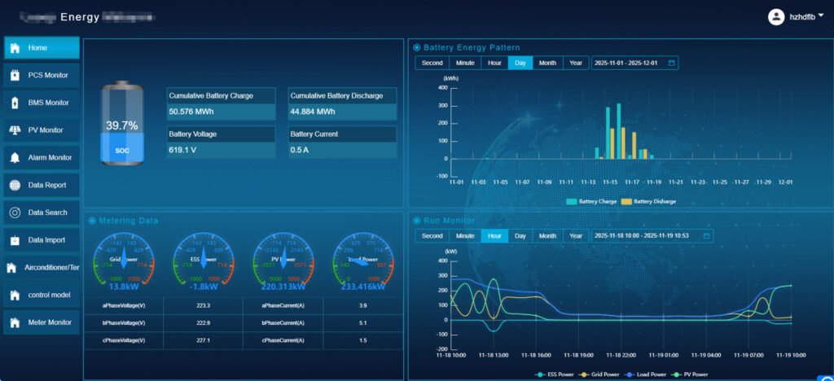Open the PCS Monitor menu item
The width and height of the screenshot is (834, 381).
pos(42,75)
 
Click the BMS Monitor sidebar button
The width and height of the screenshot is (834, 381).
pos(42,103)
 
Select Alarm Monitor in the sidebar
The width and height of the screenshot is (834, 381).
pos(42,157)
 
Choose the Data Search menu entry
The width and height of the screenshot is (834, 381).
pos(42,212)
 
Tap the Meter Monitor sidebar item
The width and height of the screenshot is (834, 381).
pos(42,322)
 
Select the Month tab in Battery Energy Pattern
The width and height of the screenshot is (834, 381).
pos(547,63)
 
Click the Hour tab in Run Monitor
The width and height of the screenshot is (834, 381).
pos(494,236)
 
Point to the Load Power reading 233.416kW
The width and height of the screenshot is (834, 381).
pos(363,287)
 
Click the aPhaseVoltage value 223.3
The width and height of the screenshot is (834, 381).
pos(204,305)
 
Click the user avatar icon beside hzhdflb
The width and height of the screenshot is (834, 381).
pos(775,16)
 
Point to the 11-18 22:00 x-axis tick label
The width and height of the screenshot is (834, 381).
pos(621,355)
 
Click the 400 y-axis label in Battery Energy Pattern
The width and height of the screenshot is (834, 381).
pos(442,87)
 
